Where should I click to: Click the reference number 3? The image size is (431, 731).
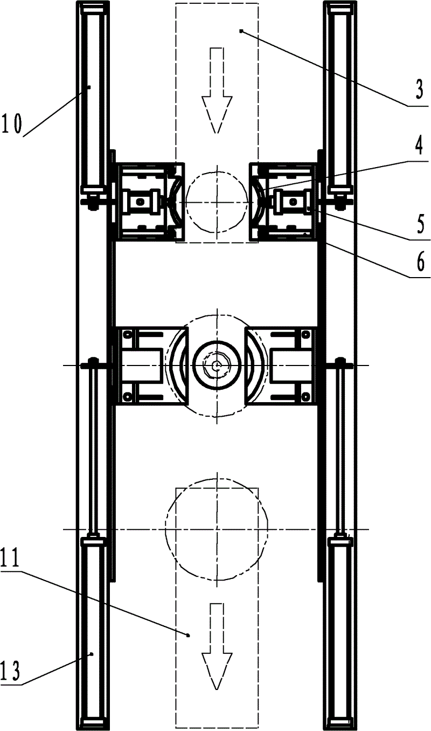[419, 89]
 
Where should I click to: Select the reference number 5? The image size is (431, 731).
[420, 224]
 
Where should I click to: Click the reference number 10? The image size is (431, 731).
[12, 123]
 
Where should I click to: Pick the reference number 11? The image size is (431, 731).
[11, 558]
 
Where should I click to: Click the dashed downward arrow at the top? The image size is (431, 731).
[217, 91]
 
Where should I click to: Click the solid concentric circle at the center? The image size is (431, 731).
[217, 341]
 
